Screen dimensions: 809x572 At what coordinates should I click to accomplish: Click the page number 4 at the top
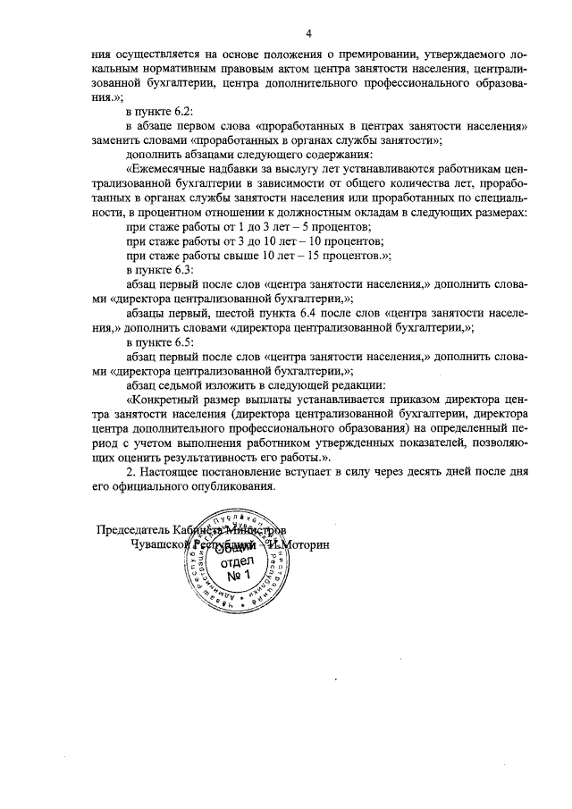[x=307, y=34]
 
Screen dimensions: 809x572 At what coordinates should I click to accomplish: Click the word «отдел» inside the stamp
[x=236, y=560]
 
